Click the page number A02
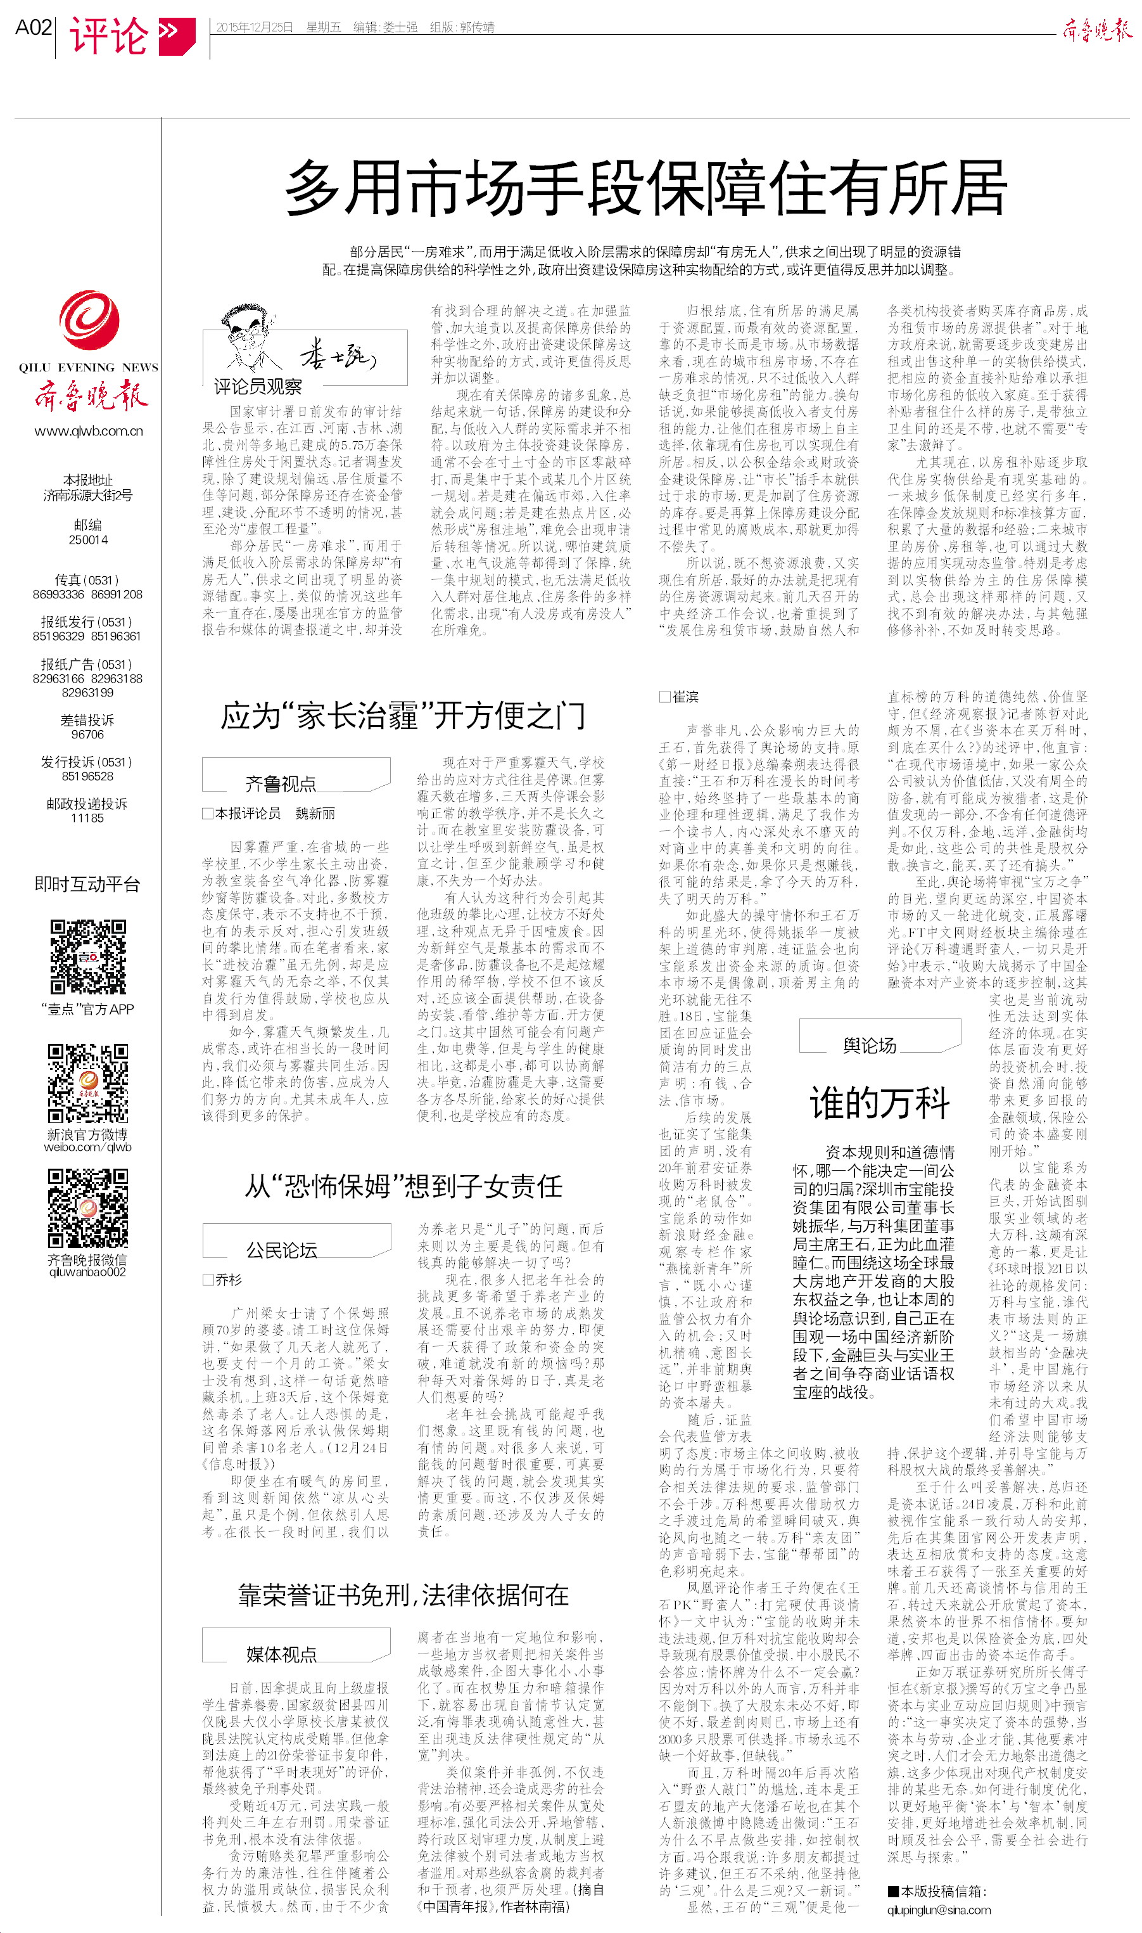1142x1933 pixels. [x=33, y=28]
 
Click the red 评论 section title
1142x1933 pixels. [x=108, y=35]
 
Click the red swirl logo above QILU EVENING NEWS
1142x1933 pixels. [x=89, y=320]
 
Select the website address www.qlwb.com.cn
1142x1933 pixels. [x=89, y=431]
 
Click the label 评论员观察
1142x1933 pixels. [x=258, y=387]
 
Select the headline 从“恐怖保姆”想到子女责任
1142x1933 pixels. [x=403, y=1186]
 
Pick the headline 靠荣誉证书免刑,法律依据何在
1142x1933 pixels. [x=403, y=1595]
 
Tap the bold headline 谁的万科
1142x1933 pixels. [x=880, y=1103]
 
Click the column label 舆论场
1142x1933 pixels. [x=869, y=1044]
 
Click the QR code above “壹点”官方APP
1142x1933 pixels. [x=88, y=957]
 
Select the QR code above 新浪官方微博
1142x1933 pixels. [x=88, y=1082]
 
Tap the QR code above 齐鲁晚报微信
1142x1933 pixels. [x=88, y=1208]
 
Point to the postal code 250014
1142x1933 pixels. [x=89, y=539]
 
